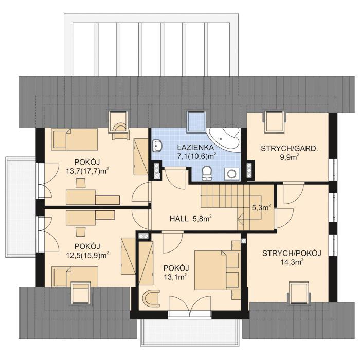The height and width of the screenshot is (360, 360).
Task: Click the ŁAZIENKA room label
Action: click(x=195, y=146)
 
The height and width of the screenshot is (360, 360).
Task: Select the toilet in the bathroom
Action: click(x=207, y=173)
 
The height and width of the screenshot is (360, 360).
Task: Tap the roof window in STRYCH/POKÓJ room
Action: click(x=299, y=292)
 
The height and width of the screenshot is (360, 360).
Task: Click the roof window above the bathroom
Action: click(x=196, y=120)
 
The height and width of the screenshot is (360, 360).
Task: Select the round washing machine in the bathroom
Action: click(x=232, y=173)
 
